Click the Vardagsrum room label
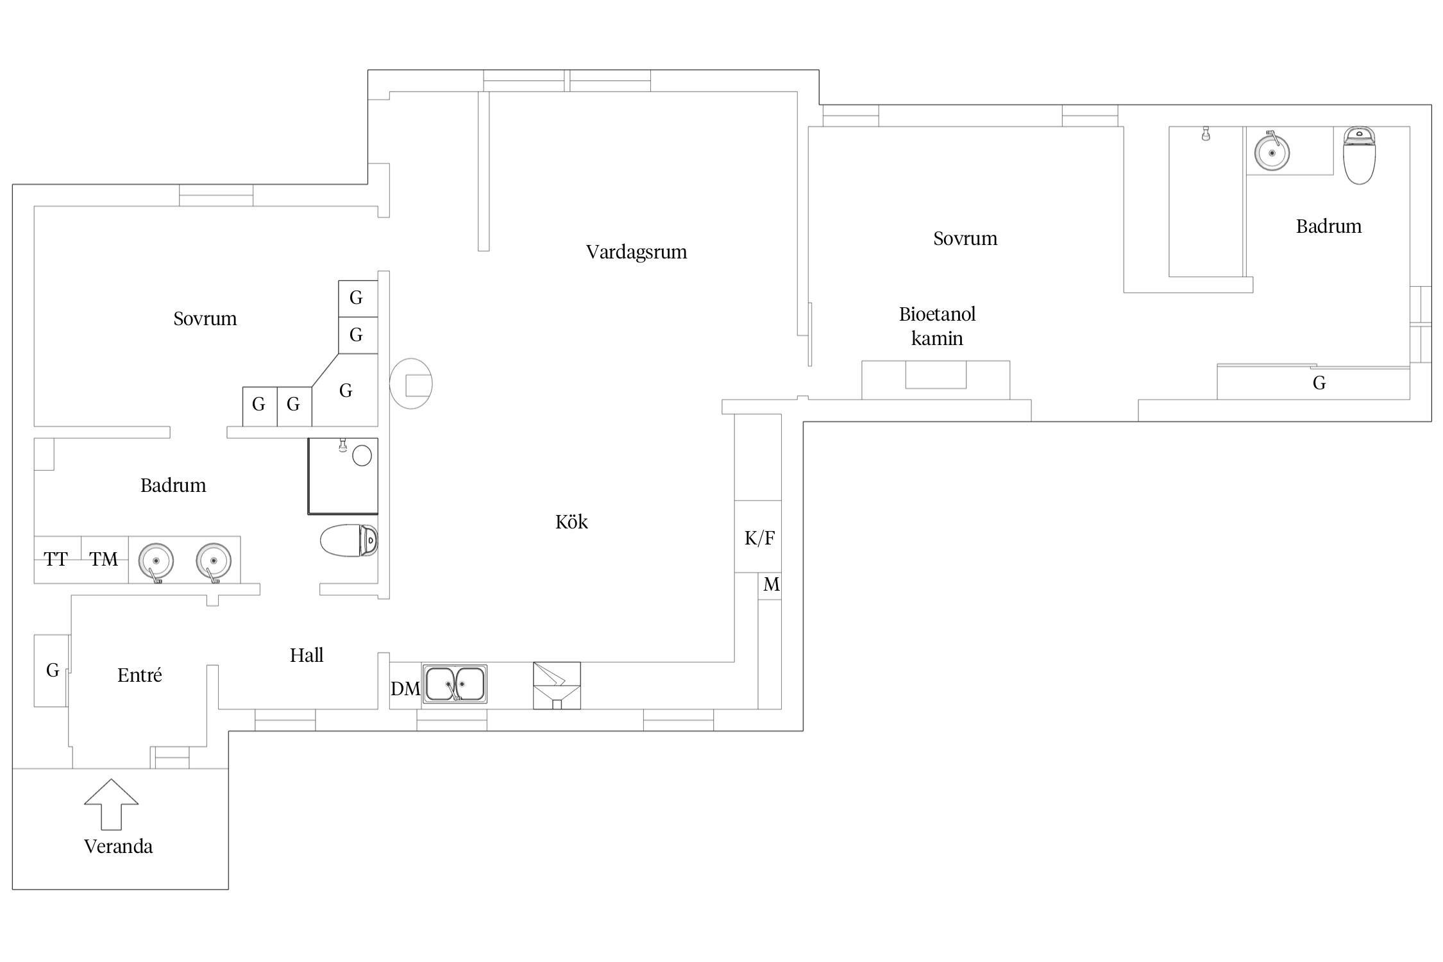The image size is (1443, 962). point(636,252)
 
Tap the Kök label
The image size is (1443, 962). point(571,522)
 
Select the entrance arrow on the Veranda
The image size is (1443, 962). point(111,804)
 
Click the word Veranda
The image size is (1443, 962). point(119,847)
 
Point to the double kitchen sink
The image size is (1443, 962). point(455,684)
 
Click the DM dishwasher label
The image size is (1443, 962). point(405,689)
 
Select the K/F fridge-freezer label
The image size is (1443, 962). point(759,538)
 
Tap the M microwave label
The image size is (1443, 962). point(772,585)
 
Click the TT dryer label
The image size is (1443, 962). point(56,559)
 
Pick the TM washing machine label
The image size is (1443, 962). point(104,559)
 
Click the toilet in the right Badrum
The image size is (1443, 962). point(1360,156)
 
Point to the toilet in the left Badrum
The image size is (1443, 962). point(349,540)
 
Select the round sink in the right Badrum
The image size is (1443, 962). point(1272,152)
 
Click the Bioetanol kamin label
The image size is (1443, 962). point(938,326)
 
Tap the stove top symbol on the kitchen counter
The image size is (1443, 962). point(557,686)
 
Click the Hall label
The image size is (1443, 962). point(307,655)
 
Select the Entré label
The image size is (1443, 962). point(140,675)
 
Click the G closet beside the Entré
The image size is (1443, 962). point(51,671)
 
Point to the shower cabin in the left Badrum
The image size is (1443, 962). point(343,476)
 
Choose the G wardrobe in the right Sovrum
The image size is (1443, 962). point(1313,382)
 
